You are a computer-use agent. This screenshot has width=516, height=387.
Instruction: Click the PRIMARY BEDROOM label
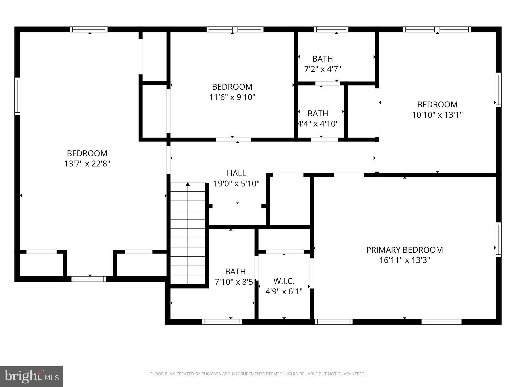[x=404, y=250]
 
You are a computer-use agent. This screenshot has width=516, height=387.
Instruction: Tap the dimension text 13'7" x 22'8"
[x=87, y=164]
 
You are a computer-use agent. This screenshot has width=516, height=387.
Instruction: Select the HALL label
[x=236, y=173]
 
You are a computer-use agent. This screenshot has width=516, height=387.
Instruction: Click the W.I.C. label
[x=284, y=281]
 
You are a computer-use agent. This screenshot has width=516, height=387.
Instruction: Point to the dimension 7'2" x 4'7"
[x=322, y=69]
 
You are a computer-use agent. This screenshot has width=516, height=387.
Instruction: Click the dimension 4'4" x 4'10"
[x=318, y=124]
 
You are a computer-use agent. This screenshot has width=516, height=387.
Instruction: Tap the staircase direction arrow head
[x=188, y=184]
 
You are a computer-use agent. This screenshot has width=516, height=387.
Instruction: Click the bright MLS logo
[x=31, y=376]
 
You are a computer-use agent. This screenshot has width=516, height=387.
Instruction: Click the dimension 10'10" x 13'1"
[x=437, y=115]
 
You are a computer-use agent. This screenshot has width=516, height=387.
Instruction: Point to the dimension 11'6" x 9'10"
[x=232, y=97]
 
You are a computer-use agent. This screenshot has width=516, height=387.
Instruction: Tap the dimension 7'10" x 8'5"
[x=235, y=282]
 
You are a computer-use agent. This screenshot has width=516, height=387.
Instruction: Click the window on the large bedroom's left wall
[x=17, y=96]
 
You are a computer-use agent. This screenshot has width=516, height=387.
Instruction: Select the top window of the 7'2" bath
[x=331, y=29]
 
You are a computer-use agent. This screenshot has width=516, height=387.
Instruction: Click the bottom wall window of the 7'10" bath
[x=222, y=322]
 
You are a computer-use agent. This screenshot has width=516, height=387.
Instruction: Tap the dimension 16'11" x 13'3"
[x=404, y=260]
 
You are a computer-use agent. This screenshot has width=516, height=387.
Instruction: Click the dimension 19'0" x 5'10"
[x=236, y=184]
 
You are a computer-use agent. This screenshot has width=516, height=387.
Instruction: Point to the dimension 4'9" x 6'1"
[x=284, y=292]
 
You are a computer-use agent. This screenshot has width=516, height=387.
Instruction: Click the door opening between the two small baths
[x=328, y=83]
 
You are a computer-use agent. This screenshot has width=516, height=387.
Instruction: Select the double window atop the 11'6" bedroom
[x=235, y=29]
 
